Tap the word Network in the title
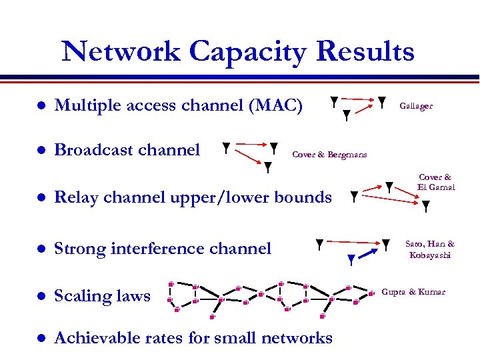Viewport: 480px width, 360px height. tap(121, 51)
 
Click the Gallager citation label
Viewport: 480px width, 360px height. tap(416, 105)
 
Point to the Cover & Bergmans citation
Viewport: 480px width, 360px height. tap(329, 155)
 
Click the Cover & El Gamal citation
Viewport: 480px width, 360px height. tap(436, 182)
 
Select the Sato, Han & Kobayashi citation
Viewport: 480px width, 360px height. tap(431, 249)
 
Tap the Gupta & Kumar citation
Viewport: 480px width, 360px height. tap(413, 292)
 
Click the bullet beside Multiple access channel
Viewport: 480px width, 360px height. tap(41, 106)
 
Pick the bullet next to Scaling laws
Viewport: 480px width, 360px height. tap(41, 296)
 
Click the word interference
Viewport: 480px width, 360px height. tap(156, 249)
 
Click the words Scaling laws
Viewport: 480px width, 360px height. tap(102, 296)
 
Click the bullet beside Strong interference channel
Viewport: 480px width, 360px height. tap(41, 249)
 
